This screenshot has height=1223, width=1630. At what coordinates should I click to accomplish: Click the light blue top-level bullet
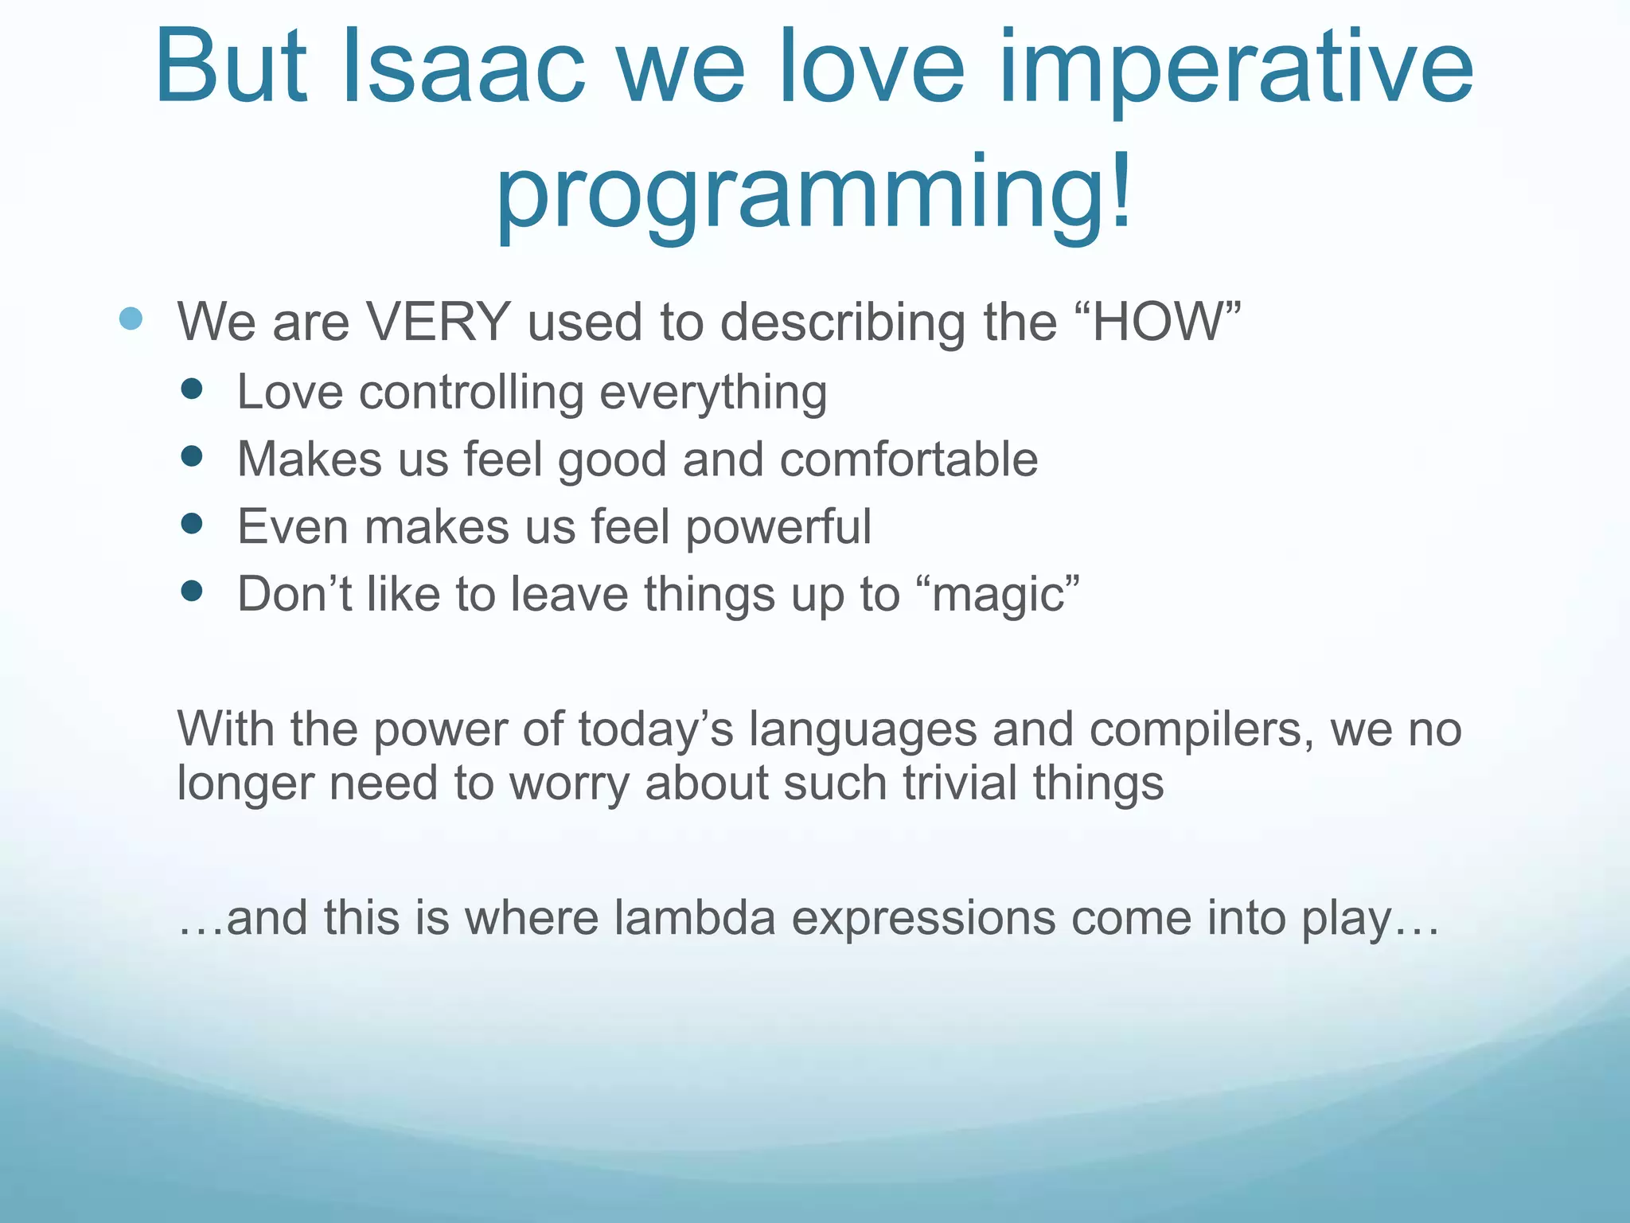(131, 319)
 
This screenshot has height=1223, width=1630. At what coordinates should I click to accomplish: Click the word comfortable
(908, 459)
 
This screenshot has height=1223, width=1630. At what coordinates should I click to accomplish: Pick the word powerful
(778, 527)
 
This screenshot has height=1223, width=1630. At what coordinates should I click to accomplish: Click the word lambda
(694, 917)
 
